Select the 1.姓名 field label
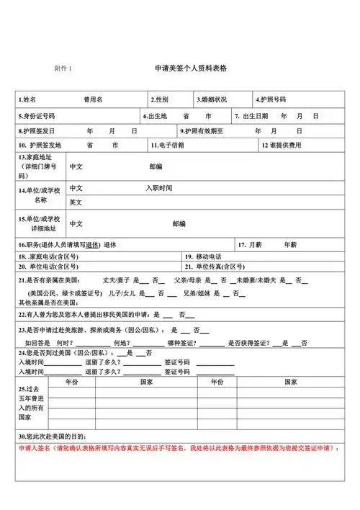coord(28,99)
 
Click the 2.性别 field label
coord(160,99)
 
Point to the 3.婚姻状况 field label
coord(212,99)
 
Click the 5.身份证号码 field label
coord(37,116)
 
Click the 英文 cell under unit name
coord(76,202)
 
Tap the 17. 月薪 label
coord(252,245)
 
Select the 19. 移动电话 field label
coord(204,256)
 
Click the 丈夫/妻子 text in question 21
coord(116,279)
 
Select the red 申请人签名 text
coord(33,448)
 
